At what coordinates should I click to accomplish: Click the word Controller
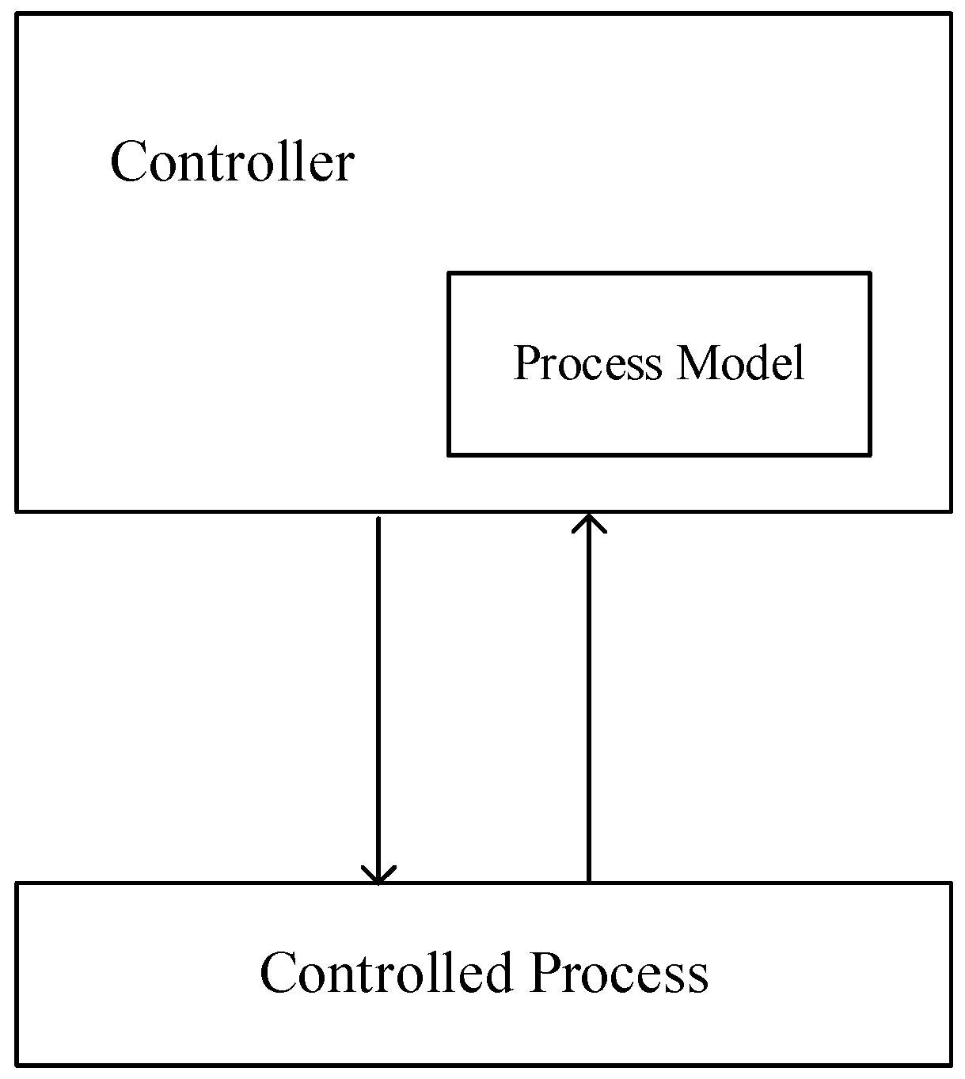coord(231,162)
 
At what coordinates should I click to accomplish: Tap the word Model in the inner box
coord(740,363)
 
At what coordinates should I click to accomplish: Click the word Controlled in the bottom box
coord(386,972)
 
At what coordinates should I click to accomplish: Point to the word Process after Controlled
coord(619,973)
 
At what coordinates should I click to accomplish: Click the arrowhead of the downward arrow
coord(378,876)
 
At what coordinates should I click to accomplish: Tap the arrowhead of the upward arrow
coord(589,522)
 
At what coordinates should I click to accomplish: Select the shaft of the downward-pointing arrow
coord(378,697)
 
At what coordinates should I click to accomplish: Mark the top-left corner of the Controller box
coord(17,14)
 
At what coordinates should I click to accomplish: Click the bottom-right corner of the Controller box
coord(950,511)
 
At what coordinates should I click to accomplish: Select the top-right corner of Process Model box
coord(870,274)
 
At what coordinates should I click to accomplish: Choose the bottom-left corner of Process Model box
coord(449,454)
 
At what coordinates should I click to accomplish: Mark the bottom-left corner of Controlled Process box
coord(17,1065)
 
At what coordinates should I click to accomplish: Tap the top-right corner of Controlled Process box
coord(950,883)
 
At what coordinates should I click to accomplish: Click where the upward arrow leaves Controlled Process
coord(589,882)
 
